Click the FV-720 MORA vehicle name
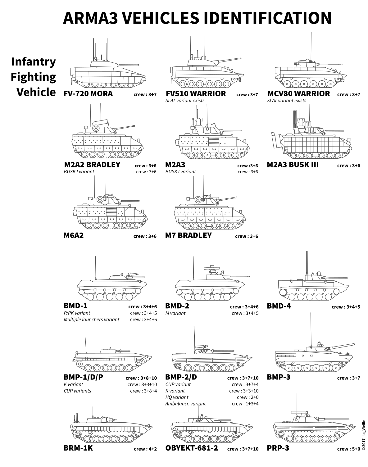click(x=88, y=94)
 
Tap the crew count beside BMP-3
click(x=348, y=378)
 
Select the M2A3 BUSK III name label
click(x=293, y=165)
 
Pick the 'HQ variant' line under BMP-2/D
click(x=177, y=397)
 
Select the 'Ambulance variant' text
click(x=185, y=404)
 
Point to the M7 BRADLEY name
click(x=188, y=236)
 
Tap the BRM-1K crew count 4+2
click(x=145, y=449)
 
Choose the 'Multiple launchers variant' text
click(x=91, y=320)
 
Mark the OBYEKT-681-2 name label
click(x=192, y=448)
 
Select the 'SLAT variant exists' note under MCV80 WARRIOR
click(x=287, y=101)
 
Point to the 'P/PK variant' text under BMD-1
click(x=77, y=313)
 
